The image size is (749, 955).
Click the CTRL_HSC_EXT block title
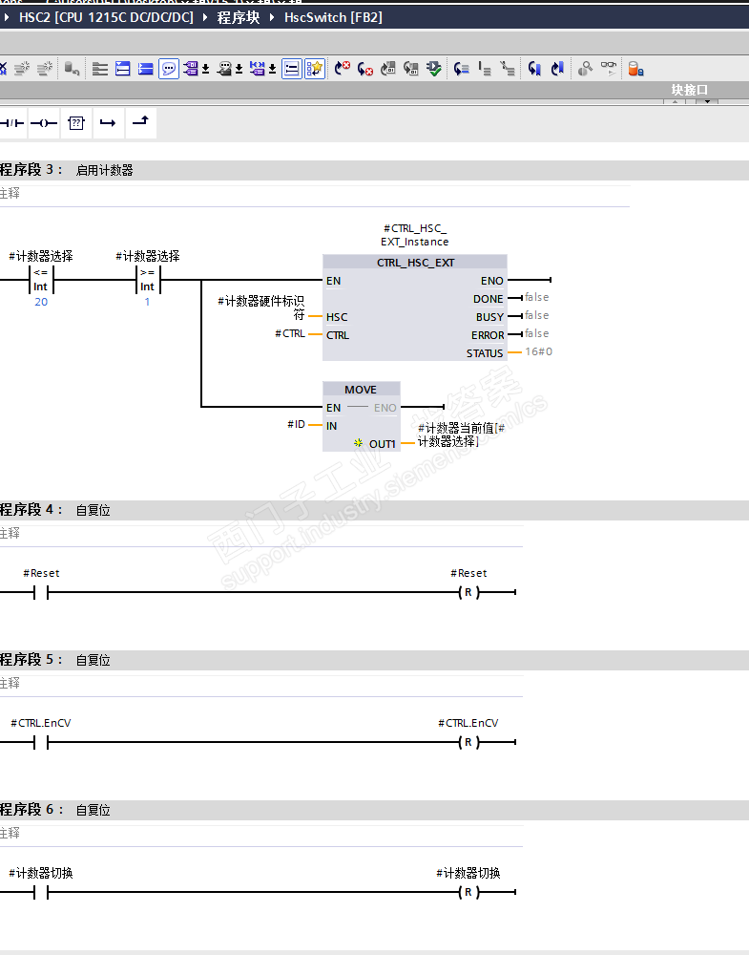click(x=415, y=263)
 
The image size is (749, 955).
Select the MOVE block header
click(x=361, y=390)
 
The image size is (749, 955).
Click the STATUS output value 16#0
click(x=538, y=352)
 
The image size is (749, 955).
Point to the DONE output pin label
click(x=488, y=299)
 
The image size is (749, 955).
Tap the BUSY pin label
click(x=489, y=317)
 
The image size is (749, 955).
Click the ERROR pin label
click(x=487, y=335)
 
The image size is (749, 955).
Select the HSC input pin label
click(x=337, y=317)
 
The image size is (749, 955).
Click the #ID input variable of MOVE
click(x=296, y=424)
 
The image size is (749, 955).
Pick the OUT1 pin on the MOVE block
click(x=382, y=444)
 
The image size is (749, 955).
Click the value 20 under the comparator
click(x=41, y=302)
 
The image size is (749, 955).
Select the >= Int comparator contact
click(x=148, y=280)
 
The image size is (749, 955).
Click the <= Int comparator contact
click(x=41, y=280)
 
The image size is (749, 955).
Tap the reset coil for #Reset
click(x=468, y=593)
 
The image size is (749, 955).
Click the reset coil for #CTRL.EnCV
click(x=468, y=743)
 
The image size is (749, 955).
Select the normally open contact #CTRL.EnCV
click(x=41, y=743)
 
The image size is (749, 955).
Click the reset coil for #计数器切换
click(x=468, y=893)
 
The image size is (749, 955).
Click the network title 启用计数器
click(x=105, y=171)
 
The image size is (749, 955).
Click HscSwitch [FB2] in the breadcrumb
click(x=333, y=17)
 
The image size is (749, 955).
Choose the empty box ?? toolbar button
click(x=76, y=123)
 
